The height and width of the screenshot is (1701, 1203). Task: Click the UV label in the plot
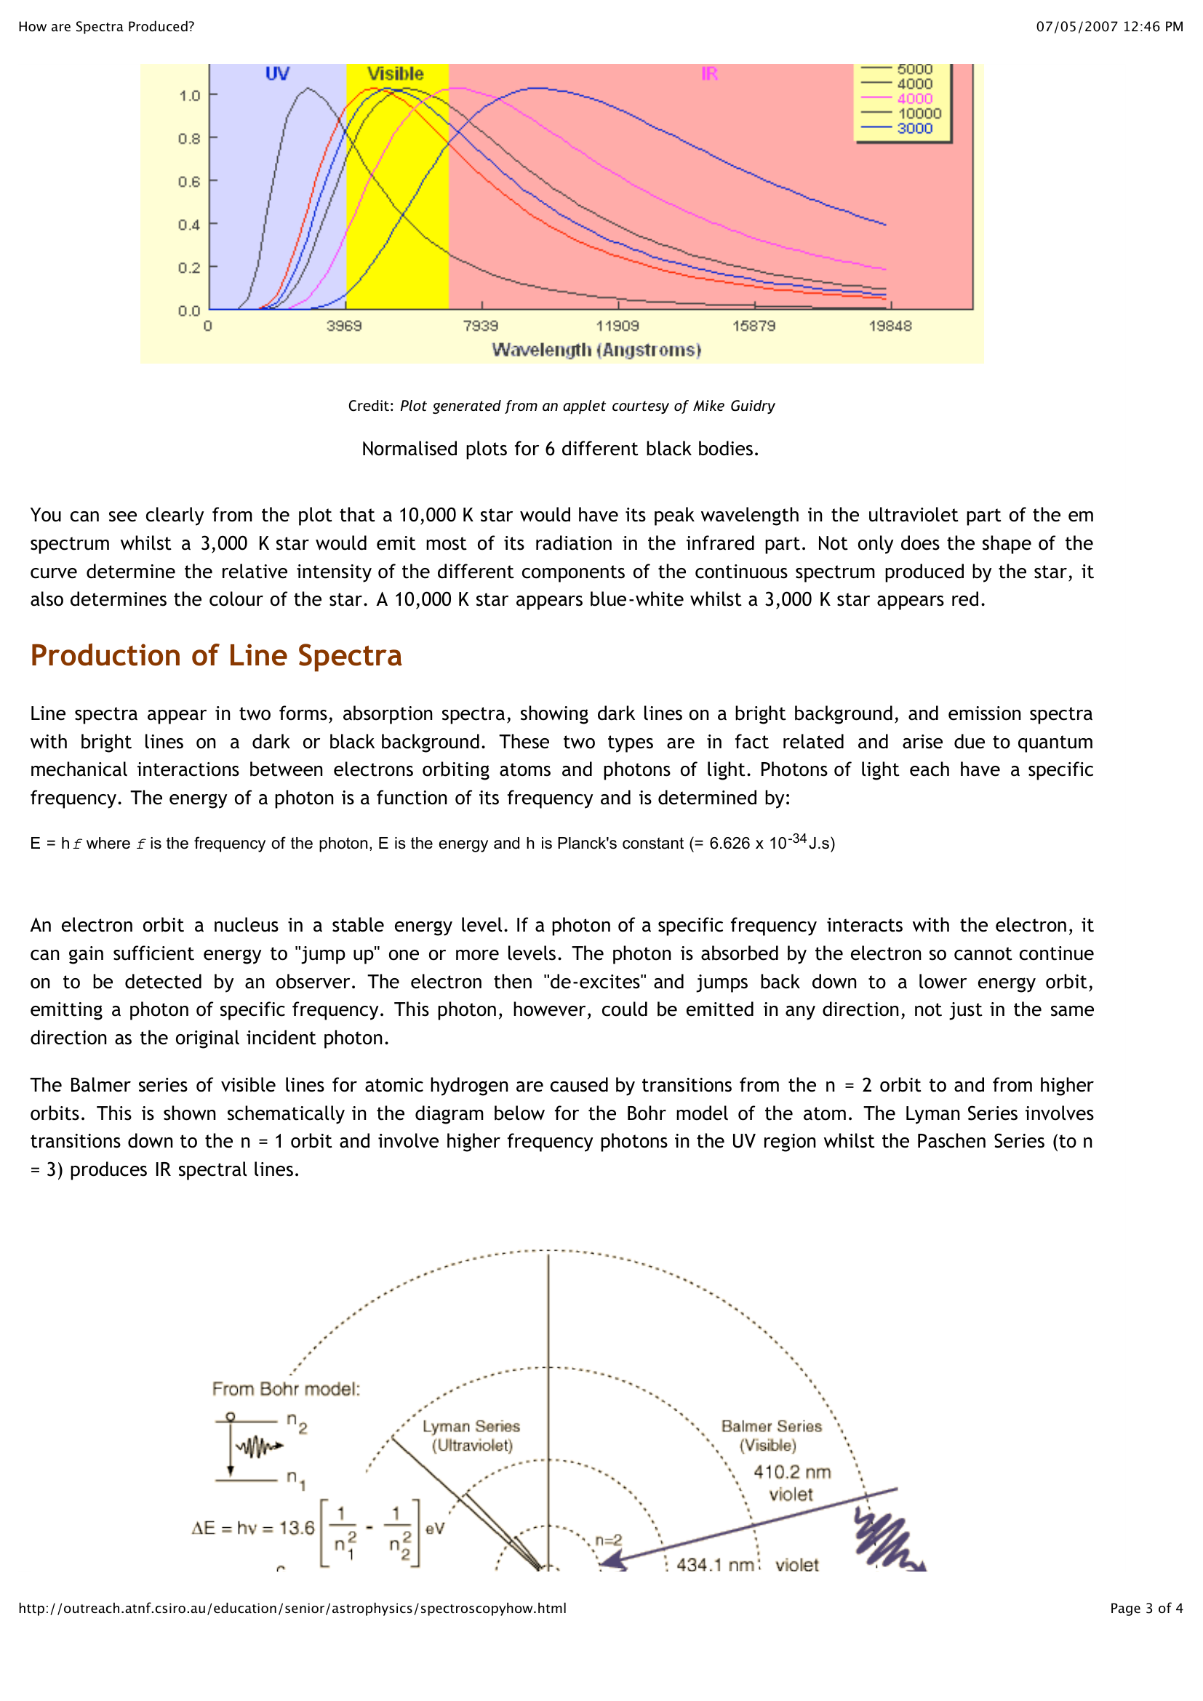pyautogui.click(x=277, y=73)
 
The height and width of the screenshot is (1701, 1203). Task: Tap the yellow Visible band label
pyautogui.click(x=396, y=73)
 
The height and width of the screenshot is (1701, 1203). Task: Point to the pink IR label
pyautogui.click(x=709, y=73)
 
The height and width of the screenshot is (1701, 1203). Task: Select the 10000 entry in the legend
pyautogui.click(x=919, y=113)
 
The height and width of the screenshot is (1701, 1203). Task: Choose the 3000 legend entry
pyautogui.click(x=915, y=128)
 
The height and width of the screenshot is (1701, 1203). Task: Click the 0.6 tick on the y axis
pyautogui.click(x=189, y=182)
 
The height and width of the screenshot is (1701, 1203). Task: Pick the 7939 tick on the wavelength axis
pyautogui.click(x=481, y=326)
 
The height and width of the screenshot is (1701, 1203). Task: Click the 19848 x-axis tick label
pyautogui.click(x=890, y=326)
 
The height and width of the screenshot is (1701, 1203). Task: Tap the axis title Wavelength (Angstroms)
pyautogui.click(x=596, y=350)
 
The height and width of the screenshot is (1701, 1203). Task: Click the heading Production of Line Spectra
pyautogui.click(x=215, y=656)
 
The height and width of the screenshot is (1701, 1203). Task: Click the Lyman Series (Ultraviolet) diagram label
pyautogui.click(x=471, y=1436)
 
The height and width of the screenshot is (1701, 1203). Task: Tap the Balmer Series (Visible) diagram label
pyautogui.click(x=771, y=1436)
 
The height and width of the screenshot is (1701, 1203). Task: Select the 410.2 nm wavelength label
pyautogui.click(x=792, y=1472)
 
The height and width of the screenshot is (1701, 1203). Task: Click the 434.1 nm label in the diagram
pyautogui.click(x=714, y=1565)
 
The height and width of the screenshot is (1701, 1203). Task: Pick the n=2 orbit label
pyautogui.click(x=609, y=1540)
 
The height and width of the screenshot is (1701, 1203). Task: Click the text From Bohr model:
pyautogui.click(x=286, y=1389)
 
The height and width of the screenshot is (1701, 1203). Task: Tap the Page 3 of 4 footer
pyautogui.click(x=1146, y=1608)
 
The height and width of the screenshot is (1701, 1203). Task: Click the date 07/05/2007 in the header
pyautogui.click(x=1076, y=27)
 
